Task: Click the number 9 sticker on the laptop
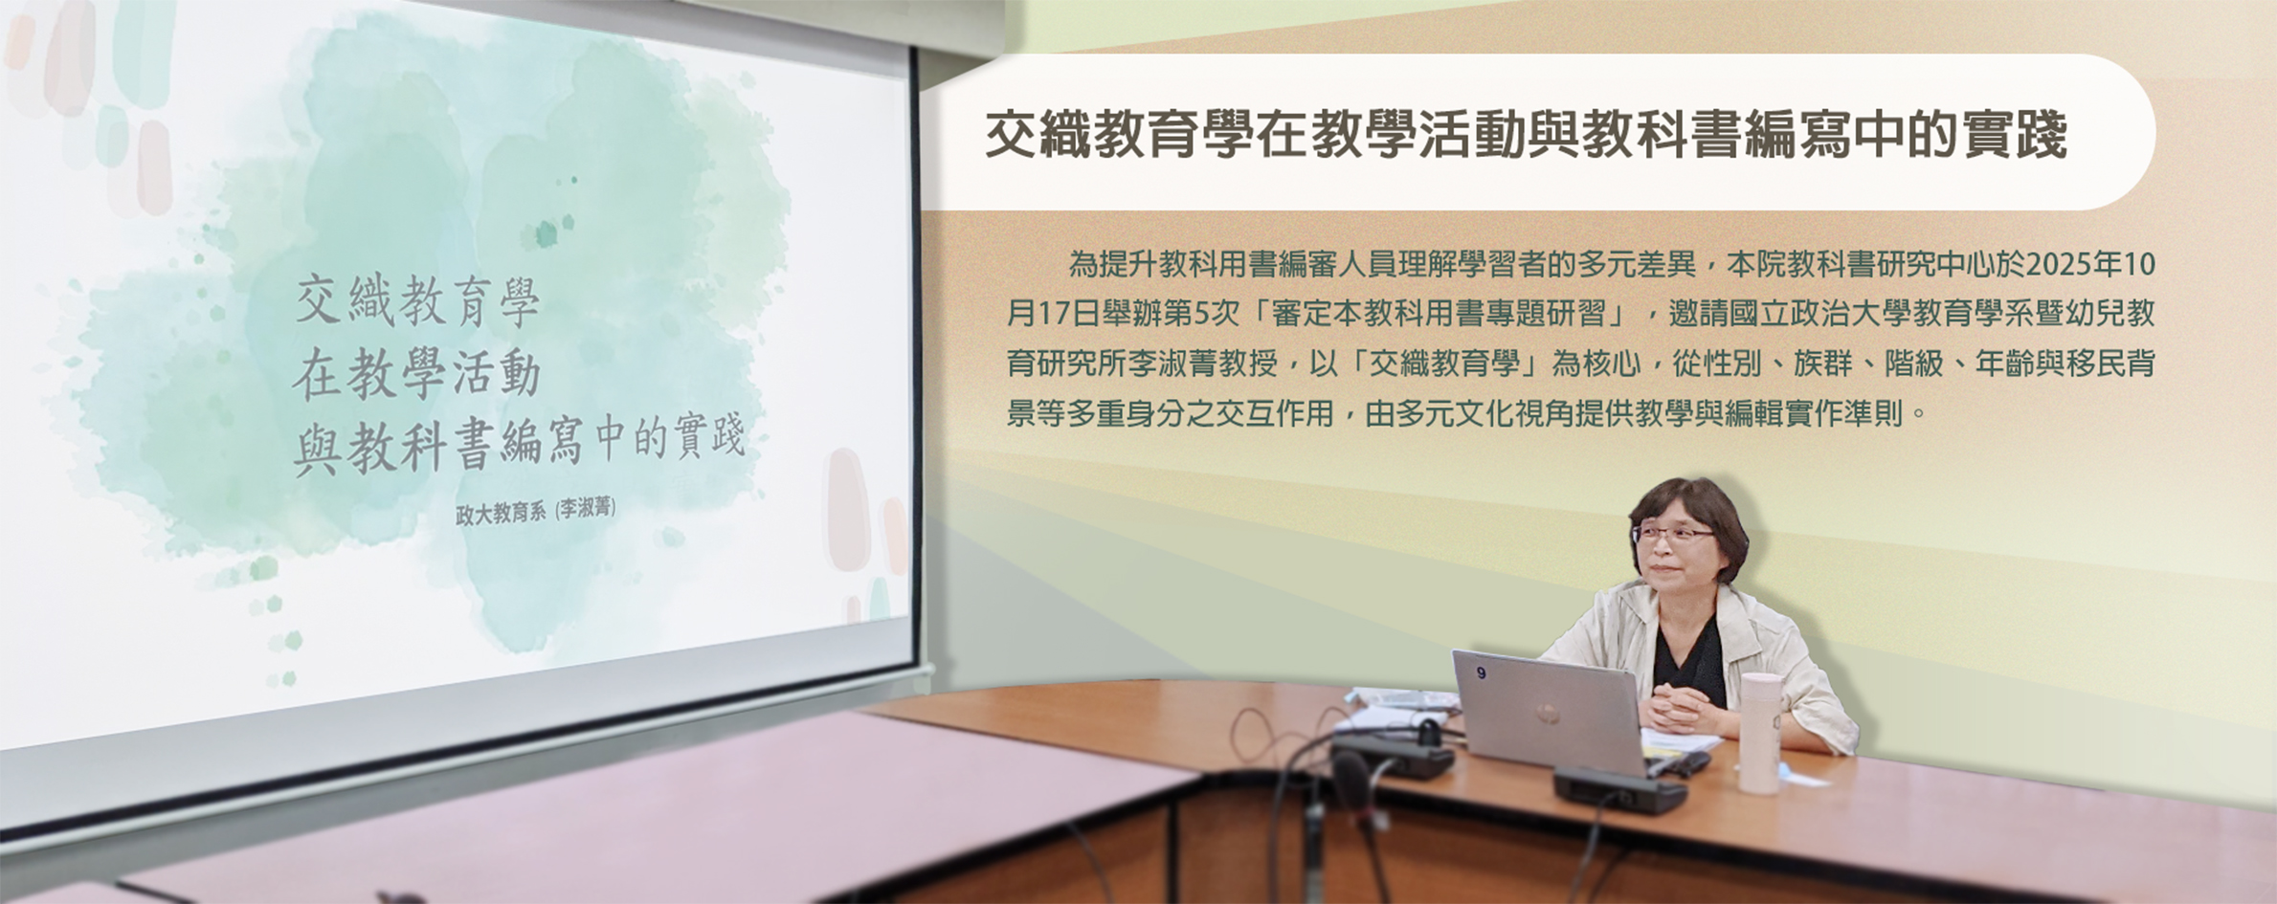1482,673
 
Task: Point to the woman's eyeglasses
1671,534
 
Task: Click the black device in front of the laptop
1618,790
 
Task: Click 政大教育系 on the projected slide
501,512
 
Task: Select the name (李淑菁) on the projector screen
586,509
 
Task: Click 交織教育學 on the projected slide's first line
417,301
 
